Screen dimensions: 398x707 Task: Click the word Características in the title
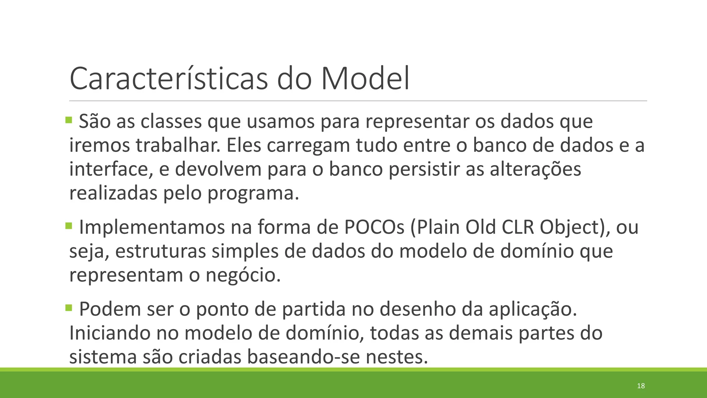pos(168,79)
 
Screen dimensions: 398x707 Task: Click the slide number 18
pos(641,386)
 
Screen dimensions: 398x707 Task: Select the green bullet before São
pos(69,120)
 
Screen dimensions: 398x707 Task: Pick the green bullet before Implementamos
pos(69,226)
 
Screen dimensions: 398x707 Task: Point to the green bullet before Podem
pos(69,307)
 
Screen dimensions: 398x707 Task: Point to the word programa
pos(253,193)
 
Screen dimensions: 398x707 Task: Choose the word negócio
pos(243,275)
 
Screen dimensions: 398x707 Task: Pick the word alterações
pos(535,170)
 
